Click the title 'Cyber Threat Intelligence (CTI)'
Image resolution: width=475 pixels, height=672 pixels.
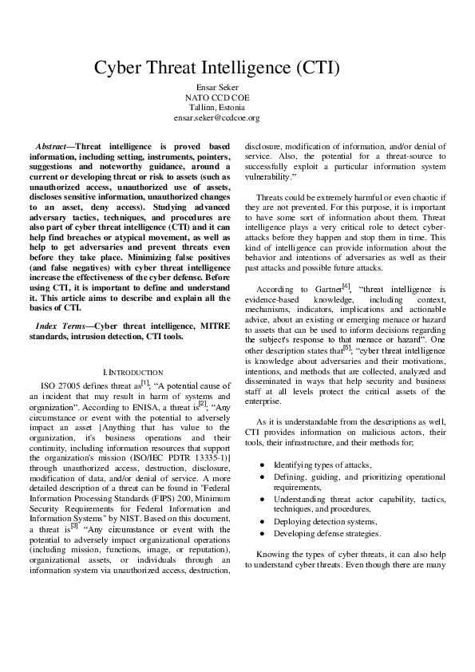click(217, 68)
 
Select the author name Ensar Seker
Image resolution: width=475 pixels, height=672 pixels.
click(217, 86)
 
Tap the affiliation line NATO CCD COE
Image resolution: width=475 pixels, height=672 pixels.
click(217, 97)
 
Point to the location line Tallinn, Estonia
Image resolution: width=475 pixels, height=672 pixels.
click(217, 107)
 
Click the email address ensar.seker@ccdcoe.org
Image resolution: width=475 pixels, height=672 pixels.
click(217, 117)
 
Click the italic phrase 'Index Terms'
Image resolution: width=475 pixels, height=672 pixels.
click(63, 326)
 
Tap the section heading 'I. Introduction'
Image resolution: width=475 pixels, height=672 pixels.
click(133, 373)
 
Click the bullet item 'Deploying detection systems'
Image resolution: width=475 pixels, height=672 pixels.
click(315, 520)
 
